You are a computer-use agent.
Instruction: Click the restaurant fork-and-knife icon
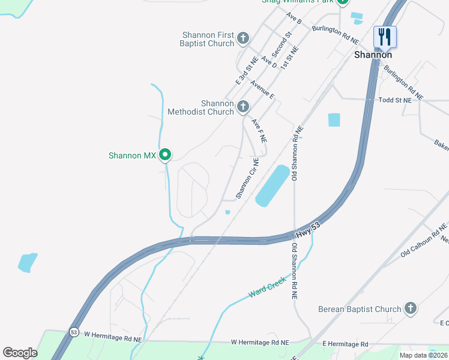[385, 37]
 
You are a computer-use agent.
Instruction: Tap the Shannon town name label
[373, 55]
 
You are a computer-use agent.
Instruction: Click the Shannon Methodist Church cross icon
[243, 107]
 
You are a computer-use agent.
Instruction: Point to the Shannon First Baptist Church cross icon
[243, 39]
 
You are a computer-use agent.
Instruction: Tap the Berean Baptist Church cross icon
[410, 309]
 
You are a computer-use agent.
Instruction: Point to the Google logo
[20, 352]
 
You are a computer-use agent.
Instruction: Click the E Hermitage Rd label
[345, 344]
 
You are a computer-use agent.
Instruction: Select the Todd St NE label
[395, 101]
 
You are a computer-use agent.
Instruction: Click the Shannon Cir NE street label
[247, 178]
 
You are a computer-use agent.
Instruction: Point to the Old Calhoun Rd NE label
[424, 239]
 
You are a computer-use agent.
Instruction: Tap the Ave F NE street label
[259, 130]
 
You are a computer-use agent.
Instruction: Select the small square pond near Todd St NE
[334, 120]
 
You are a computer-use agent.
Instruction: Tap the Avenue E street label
[262, 89]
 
